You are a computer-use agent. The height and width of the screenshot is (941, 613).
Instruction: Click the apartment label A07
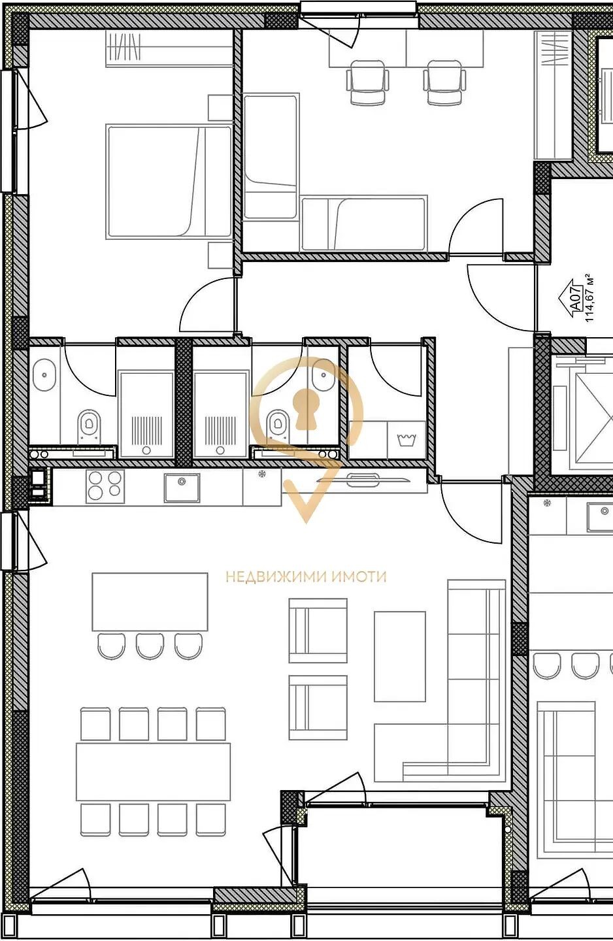(575, 297)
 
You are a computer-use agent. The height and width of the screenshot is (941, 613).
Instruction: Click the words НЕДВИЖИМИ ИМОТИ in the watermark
(306, 576)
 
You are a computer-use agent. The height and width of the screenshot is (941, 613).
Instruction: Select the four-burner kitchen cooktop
(105, 486)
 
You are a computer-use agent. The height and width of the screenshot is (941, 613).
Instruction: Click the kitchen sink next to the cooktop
(182, 487)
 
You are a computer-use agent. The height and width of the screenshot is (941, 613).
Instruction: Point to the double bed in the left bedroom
(169, 182)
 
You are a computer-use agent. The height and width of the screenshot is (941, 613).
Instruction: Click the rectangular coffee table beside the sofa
(399, 657)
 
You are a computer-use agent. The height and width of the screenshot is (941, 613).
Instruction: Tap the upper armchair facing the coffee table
(318, 631)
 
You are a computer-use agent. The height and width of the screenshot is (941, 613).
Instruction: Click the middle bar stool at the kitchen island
(150, 646)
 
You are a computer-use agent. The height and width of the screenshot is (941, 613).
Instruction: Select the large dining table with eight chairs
(153, 765)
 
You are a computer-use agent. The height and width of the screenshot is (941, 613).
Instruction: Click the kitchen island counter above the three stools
(150, 602)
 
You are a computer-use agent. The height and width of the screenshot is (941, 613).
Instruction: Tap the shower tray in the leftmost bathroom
(146, 414)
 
